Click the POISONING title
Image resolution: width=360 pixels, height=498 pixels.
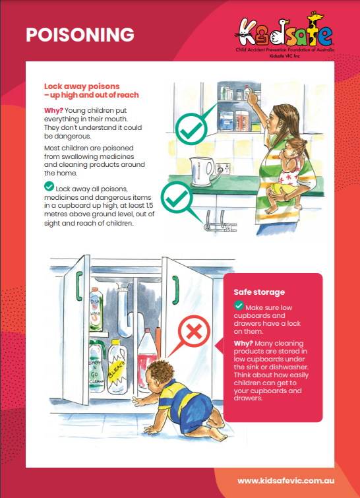pyautogui.click(x=80, y=34)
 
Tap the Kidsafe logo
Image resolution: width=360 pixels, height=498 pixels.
pyautogui.click(x=285, y=34)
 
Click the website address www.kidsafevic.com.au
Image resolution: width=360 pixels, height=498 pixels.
pyautogui.click(x=285, y=481)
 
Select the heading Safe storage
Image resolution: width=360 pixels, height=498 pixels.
pyautogui.click(x=259, y=292)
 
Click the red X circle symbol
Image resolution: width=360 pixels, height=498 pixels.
pyautogui.click(x=194, y=332)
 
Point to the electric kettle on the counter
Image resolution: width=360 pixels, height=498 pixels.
pyautogui.click(x=201, y=171)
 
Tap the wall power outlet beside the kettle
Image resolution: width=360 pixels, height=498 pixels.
pyautogui.click(x=223, y=168)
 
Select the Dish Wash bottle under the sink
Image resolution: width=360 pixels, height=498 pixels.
pyautogui.click(x=96, y=309)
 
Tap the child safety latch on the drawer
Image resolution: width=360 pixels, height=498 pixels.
pyautogui.click(x=220, y=222)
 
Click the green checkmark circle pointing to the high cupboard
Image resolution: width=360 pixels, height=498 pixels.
pyautogui.click(x=191, y=129)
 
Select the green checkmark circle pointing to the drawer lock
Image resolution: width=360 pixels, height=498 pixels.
pyautogui.click(x=177, y=197)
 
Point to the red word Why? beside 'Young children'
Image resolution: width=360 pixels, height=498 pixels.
pyautogui.click(x=53, y=111)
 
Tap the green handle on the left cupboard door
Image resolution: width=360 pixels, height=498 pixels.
pyautogui.click(x=79, y=286)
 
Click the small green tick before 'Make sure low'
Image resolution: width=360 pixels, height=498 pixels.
pyautogui.click(x=239, y=305)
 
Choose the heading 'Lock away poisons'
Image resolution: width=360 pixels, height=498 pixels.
pyautogui.click(x=82, y=86)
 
